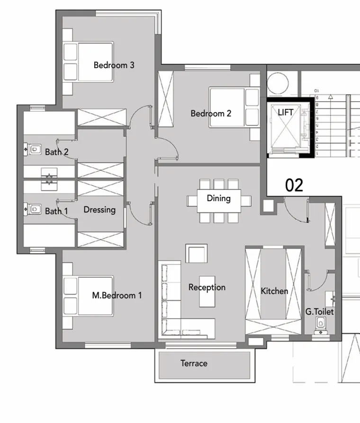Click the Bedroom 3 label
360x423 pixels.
tap(114, 65)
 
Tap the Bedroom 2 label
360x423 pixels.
tap(211, 114)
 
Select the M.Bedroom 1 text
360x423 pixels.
tap(117, 296)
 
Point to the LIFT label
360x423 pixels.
tap(286, 112)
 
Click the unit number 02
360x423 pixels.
tap(294, 185)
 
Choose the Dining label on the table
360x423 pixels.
tap(218, 198)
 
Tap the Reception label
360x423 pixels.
tap(207, 287)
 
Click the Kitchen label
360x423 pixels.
tap(274, 291)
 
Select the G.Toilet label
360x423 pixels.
tap(319, 312)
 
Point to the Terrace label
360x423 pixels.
tap(194, 363)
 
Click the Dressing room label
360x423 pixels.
tap(99, 210)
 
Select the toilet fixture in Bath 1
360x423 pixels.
tap(33, 209)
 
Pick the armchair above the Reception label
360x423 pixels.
tap(196, 254)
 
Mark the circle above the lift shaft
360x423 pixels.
tap(278, 83)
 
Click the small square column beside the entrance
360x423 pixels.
tap(269, 206)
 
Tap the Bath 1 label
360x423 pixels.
tap(56, 211)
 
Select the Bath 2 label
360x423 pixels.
tap(56, 152)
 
